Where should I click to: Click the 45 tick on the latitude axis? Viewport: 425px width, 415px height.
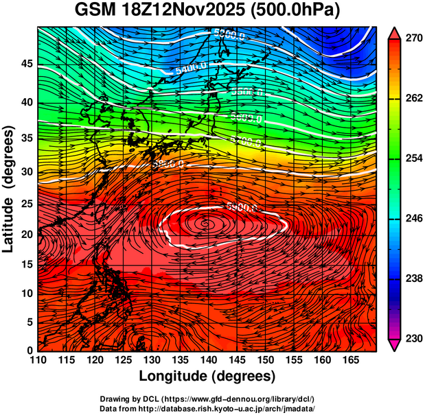[x=26, y=64]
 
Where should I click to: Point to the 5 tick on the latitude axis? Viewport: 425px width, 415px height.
[x=30, y=322]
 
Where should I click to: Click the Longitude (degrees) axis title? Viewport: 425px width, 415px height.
[x=207, y=376]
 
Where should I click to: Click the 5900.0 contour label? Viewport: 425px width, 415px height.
[x=242, y=206]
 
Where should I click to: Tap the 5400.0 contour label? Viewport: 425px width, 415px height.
[x=191, y=69]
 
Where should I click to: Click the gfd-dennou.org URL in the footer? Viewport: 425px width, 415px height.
[x=238, y=399]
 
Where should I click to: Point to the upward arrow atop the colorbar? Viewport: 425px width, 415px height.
[x=395, y=32]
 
